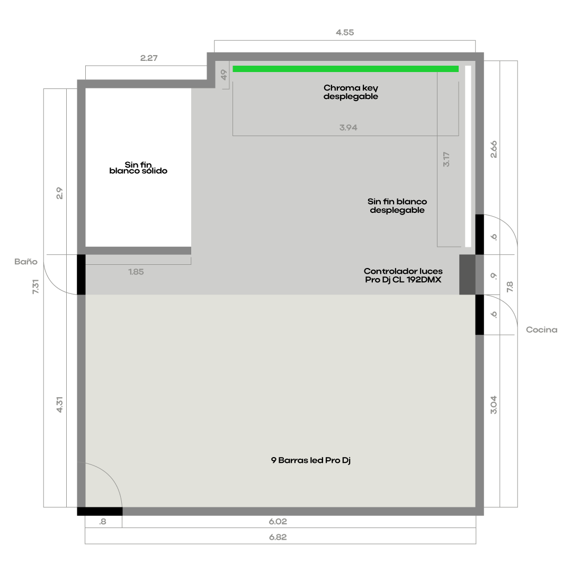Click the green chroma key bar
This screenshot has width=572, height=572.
[345, 69]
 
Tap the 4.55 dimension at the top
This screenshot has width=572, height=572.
[345, 32]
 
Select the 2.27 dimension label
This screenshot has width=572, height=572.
[149, 58]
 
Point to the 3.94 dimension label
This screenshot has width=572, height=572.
[348, 128]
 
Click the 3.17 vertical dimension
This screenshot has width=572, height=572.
[446, 159]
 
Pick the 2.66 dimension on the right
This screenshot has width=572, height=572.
[494, 149]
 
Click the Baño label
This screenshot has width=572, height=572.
[26, 261]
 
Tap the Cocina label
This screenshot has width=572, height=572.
[541, 330]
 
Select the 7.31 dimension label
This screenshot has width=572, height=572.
[35, 287]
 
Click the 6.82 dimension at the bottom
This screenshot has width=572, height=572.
[278, 538]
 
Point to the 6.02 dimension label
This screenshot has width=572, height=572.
[278, 522]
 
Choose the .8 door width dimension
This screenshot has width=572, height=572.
[103, 522]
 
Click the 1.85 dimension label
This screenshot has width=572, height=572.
[136, 272]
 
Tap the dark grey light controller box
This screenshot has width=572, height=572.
[467, 275]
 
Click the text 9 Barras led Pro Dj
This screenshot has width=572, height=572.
[311, 460]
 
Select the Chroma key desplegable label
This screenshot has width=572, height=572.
[351, 92]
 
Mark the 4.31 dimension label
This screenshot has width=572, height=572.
[59, 405]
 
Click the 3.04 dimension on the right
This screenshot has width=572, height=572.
[494, 405]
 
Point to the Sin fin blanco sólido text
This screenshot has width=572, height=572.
[138, 168]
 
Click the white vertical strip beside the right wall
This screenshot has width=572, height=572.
[468, 156]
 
